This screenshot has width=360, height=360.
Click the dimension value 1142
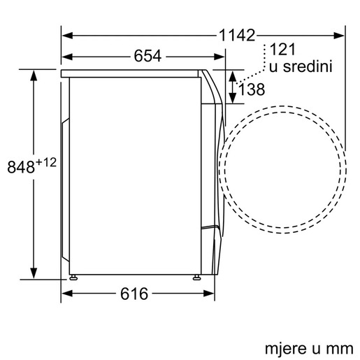click(236, 34)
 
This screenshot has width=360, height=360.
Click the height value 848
click(21, 166)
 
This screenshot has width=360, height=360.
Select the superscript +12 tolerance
click(46, 161)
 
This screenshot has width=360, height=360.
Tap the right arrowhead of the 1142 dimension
click(342, 34)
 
